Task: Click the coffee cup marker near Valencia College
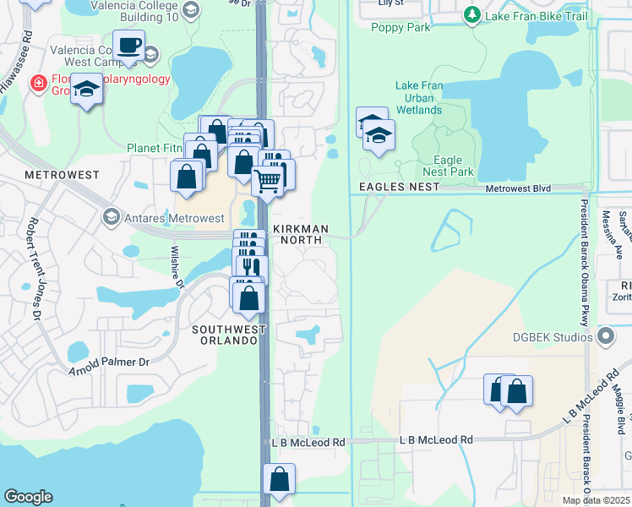(128, 46)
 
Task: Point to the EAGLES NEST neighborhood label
(399, 186)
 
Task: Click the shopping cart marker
(268, 179)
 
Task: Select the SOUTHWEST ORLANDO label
(224, 335)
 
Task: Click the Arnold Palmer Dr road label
(109, 363)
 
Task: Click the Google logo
(27, 497)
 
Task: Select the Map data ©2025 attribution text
(596, 500)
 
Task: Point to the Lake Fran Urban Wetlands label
(419, 98)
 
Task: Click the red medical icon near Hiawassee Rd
(37, 82)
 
